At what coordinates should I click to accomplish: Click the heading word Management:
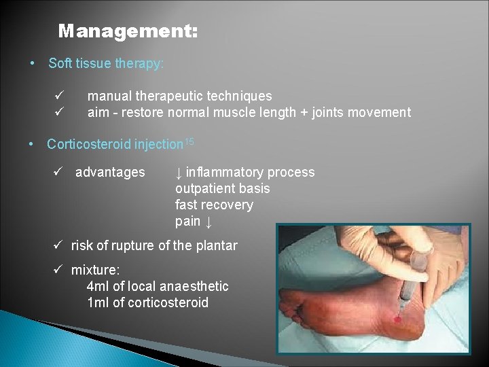coord(128,31)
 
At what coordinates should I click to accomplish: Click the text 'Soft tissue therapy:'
coord(106,64)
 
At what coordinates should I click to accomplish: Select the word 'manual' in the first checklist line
coord(108,96)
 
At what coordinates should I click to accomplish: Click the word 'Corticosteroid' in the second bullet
coord(89,145)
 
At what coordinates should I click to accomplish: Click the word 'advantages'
coord(110,173)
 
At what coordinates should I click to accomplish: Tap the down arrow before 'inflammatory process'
coord(179,173)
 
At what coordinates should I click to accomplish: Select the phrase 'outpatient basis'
coord(222,189)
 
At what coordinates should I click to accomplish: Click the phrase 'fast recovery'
coord(214,205)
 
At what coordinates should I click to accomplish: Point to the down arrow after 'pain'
coord(209,222)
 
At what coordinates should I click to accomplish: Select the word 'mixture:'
coord(94,270)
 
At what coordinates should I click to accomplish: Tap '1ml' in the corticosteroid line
coord(98,303)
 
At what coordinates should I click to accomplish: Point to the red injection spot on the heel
coord(397,318)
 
